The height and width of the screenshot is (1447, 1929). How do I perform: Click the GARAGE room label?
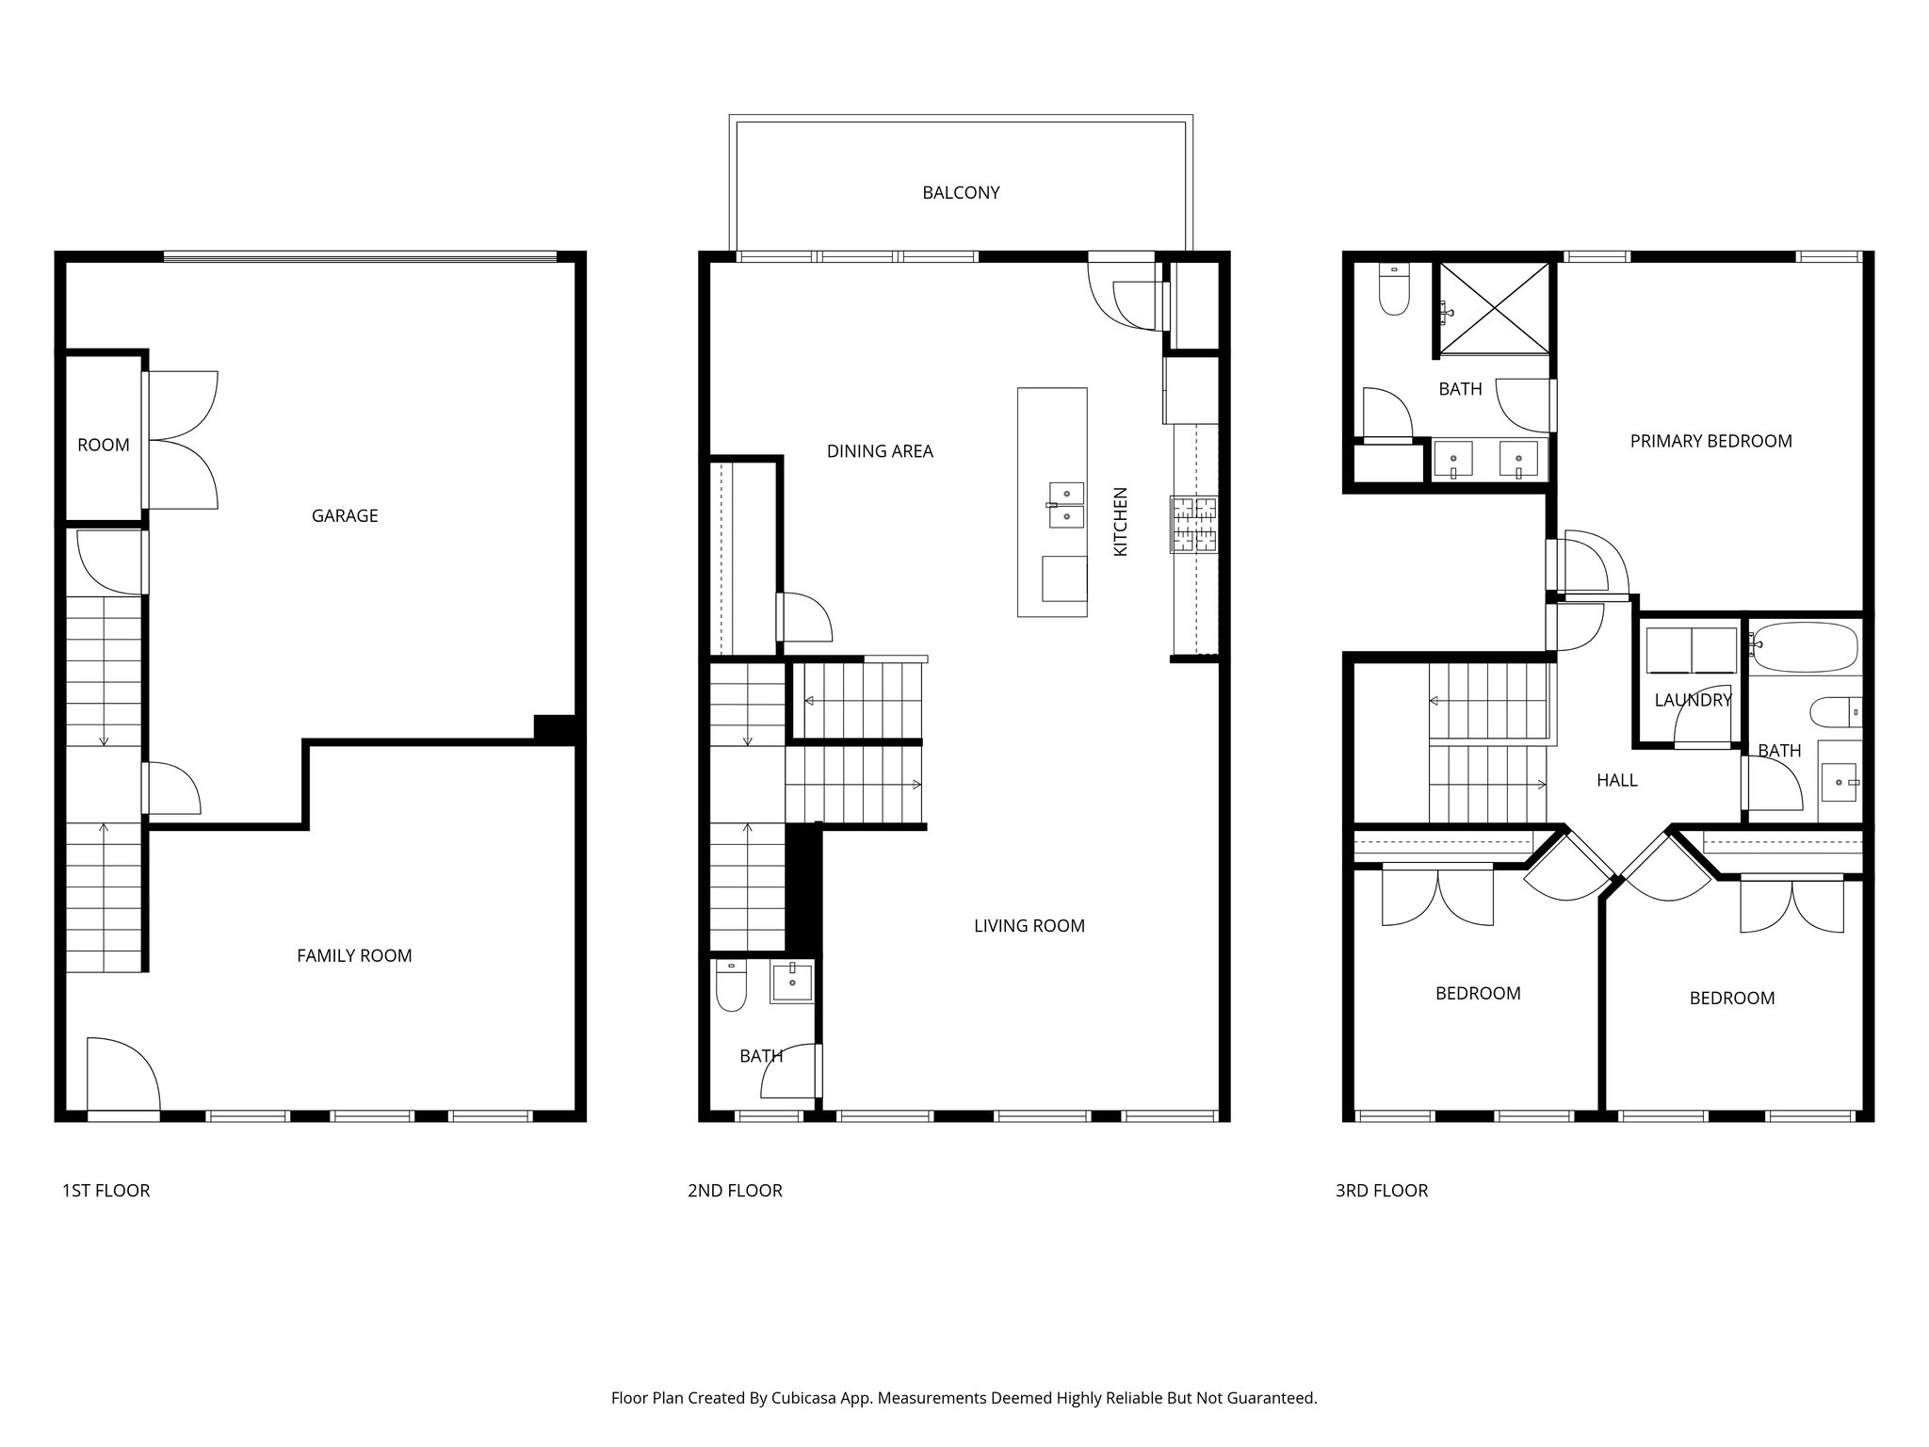coord(345,515)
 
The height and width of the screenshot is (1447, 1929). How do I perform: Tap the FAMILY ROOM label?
coord(354,955)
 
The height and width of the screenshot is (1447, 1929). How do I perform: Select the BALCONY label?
coord(961,192)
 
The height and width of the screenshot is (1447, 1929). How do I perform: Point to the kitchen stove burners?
coord(1194,524)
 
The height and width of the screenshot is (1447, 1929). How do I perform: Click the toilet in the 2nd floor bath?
coord(731,986)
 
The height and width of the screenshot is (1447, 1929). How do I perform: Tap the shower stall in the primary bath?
coord(1494,308)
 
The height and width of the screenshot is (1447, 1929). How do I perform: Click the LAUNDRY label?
coord(1693,700)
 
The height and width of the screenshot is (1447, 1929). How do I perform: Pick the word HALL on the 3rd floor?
coord(1616,780)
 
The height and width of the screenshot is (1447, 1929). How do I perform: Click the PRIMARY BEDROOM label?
coord(1710,441)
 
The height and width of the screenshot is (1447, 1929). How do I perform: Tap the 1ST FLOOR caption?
coord(105,1191)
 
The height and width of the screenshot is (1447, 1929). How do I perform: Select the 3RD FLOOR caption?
coord(1381,1191)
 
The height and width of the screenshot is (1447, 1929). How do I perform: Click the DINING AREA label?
coord(880,451)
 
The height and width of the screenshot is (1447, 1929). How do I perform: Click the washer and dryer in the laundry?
coord(1691,650)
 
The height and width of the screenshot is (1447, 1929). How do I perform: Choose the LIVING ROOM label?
coord(1029,926)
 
